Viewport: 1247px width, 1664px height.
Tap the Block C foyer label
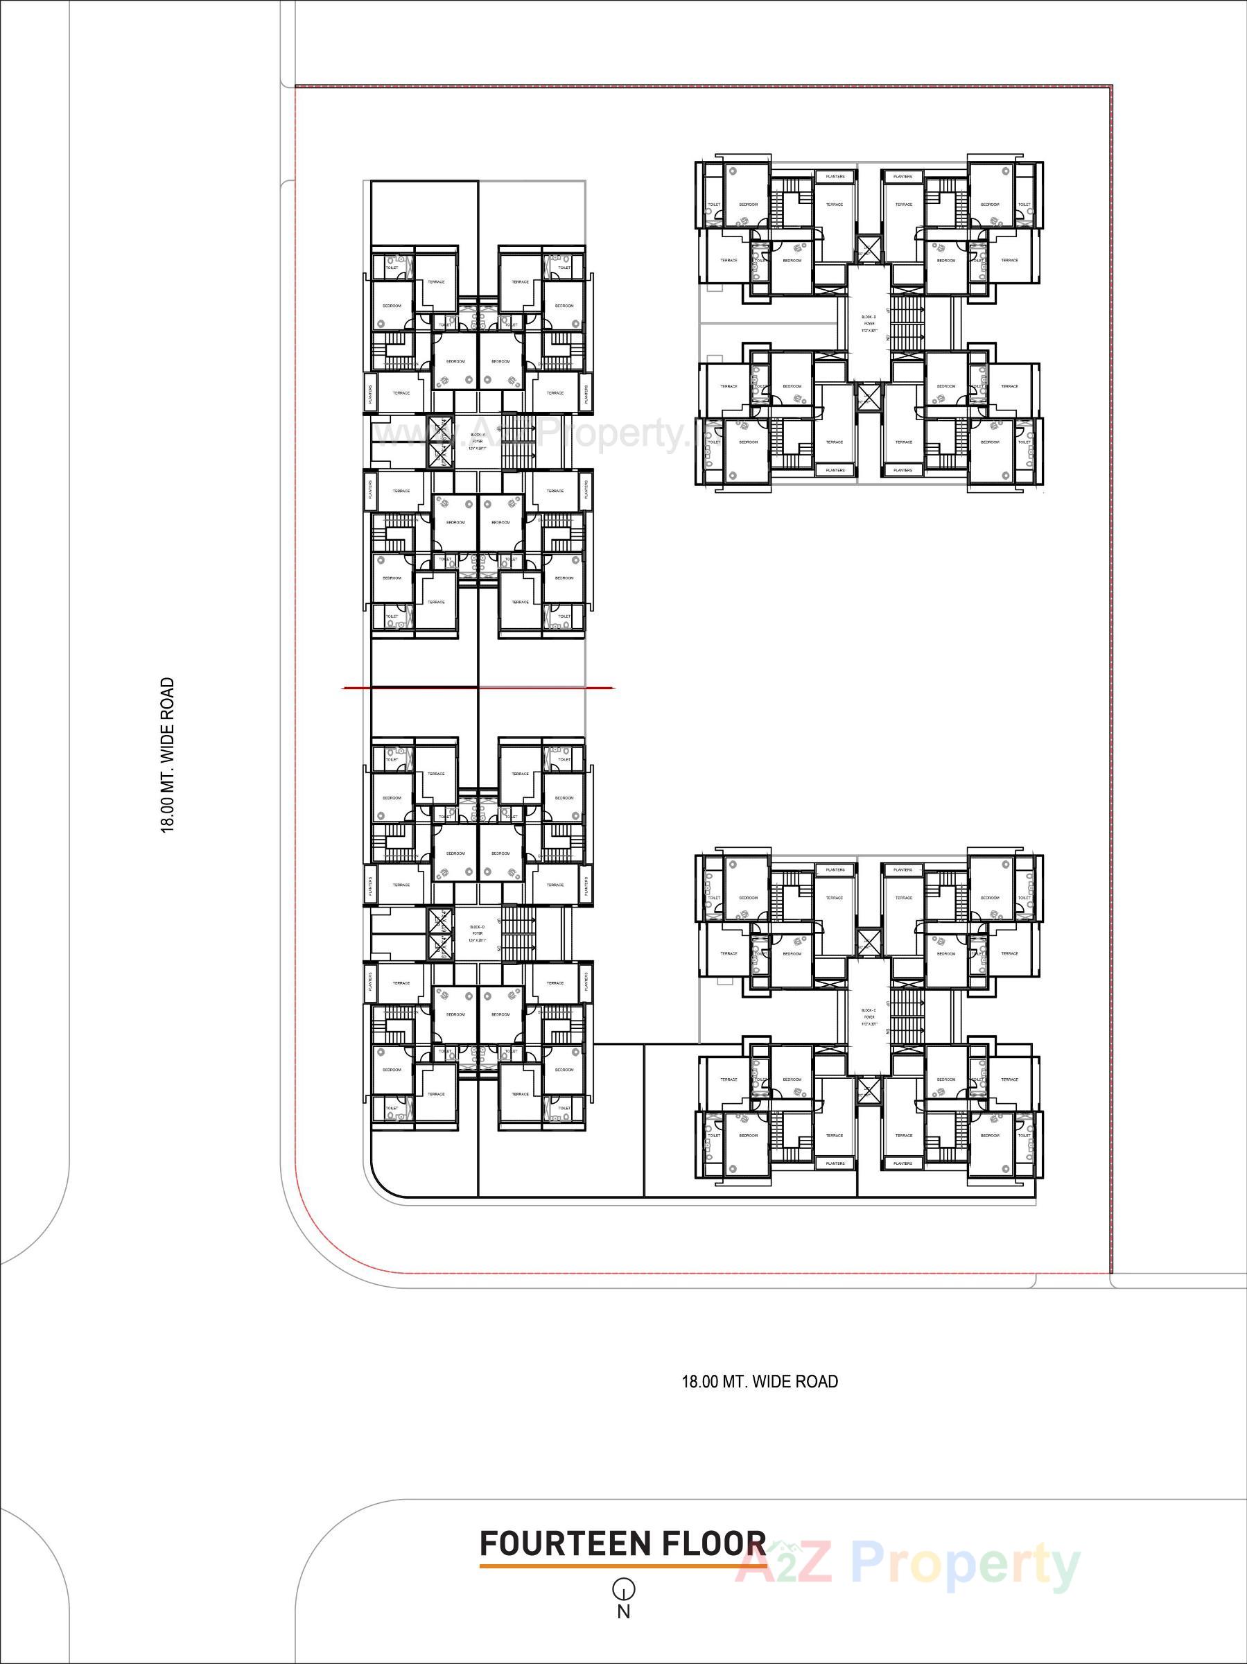(x=869, y=1016)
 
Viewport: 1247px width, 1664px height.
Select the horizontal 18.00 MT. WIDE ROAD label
(x=760, y=1381)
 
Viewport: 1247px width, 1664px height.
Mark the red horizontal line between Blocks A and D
(x=478, y=688)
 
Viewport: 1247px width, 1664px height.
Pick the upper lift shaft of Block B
(x=869, y=248)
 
